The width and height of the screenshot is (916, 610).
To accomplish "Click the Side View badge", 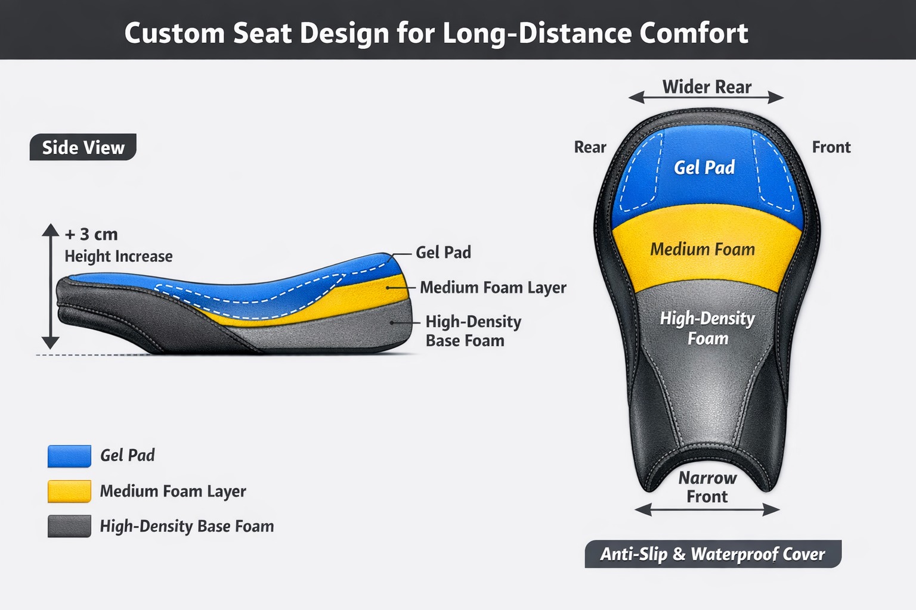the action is coord(83,147).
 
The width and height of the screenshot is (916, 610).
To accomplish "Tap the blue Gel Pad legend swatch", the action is coord(70,456).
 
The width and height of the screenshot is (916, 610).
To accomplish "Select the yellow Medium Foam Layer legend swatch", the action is coord(70,491).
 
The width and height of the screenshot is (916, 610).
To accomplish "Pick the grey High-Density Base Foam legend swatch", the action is coord(70,526).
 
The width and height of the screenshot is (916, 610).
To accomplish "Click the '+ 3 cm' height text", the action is coord(92,235).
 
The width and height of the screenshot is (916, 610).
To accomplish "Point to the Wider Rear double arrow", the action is coord(706,98).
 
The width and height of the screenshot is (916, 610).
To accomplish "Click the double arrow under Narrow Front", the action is coord(707,510).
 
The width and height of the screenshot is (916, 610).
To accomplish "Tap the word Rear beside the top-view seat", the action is coord(590,147).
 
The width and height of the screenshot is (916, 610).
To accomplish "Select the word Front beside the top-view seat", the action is coord(831,147).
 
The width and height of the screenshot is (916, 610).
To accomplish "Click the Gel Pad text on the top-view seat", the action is coord(704,167).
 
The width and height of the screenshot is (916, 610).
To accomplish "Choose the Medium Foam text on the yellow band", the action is coord(703,249).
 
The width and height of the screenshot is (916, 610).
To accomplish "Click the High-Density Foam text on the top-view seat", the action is coord(707,328).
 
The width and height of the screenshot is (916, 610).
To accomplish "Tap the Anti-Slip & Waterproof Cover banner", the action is coord(713,554).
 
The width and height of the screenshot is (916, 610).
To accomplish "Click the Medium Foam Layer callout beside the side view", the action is coord(493,287).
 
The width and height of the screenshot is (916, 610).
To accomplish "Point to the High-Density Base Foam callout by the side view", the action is coord(474,331).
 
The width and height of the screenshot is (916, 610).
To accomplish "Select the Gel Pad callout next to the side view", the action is coord(443,253).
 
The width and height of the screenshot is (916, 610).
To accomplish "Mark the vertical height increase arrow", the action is coord(51,286).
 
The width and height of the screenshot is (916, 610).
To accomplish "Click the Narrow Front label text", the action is coord(707,487).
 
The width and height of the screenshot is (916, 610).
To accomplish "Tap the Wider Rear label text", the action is coord(707,87).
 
